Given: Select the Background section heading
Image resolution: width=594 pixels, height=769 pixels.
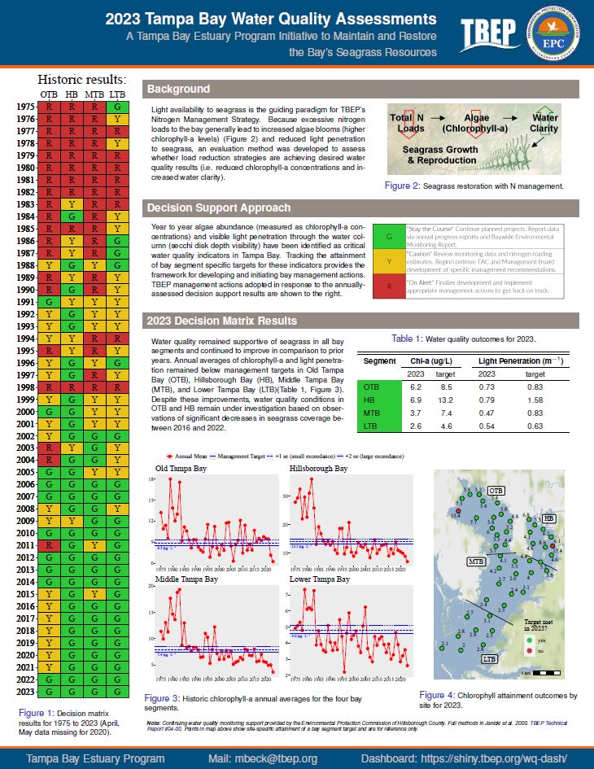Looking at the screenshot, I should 179,90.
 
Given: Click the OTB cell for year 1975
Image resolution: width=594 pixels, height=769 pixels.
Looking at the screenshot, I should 50,107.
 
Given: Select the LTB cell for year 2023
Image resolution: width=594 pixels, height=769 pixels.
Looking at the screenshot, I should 117,692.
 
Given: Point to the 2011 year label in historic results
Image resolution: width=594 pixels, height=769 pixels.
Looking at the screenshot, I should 24,544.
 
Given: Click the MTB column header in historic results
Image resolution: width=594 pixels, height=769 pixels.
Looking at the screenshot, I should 94,95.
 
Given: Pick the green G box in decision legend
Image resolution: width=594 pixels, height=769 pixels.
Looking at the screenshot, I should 390,237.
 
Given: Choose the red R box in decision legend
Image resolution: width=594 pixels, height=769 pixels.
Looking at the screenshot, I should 390,286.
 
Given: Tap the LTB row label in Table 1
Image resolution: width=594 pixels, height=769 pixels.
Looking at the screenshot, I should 371,427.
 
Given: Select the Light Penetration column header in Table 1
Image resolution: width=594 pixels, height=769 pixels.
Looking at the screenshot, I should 521,360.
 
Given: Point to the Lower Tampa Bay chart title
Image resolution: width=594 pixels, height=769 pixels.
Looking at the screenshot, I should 320,579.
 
